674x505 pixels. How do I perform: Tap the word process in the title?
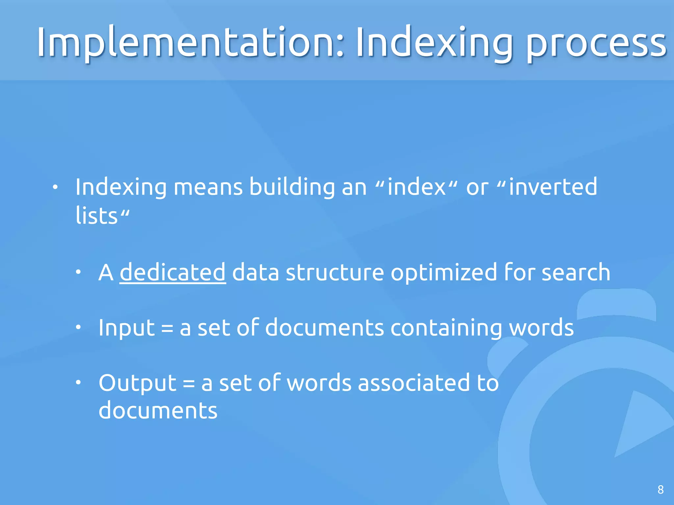point(596,44)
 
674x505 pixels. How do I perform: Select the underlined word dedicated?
point(172,272)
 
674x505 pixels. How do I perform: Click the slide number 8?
point(661,490)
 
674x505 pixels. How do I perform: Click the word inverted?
point(553,187)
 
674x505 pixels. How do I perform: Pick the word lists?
point(96,216)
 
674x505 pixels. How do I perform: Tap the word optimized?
point(444,274)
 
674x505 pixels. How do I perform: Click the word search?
point(576,272)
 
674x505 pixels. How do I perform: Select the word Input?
point(127,328)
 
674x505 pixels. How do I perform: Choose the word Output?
point(138,383)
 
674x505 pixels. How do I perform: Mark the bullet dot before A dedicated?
point(78,272)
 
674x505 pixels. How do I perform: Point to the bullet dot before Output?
point(78,382)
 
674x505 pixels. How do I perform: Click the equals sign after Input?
point(167,328)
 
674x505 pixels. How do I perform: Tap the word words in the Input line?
point(541,328)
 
